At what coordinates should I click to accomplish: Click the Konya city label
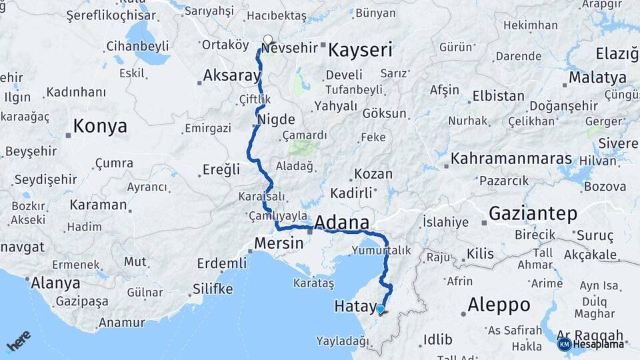tap(100, 126)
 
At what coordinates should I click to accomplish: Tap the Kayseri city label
tap(360, 50)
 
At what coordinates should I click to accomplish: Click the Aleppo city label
tap(499, 305)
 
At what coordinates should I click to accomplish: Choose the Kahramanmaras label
tap(511, 159)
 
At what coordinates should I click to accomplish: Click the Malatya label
tap(597, 77)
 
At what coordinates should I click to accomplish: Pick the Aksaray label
tap(232, 75)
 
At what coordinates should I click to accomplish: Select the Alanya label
tap(55, 283)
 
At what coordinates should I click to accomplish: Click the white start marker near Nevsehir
tap(268, 40)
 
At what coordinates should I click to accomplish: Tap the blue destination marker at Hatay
tap(380, 309)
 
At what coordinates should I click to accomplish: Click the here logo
tap(18, 341)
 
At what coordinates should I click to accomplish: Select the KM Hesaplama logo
tap(591, 344)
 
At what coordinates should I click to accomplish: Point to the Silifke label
tap(213, 289)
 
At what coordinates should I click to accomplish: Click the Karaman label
tap(98, 205)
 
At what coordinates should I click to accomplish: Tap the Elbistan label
tap(498, 96)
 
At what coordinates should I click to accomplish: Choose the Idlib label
tap(439, 339)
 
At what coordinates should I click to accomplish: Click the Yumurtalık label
tap(382, 250)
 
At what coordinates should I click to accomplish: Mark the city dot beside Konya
tap(68, 135)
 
